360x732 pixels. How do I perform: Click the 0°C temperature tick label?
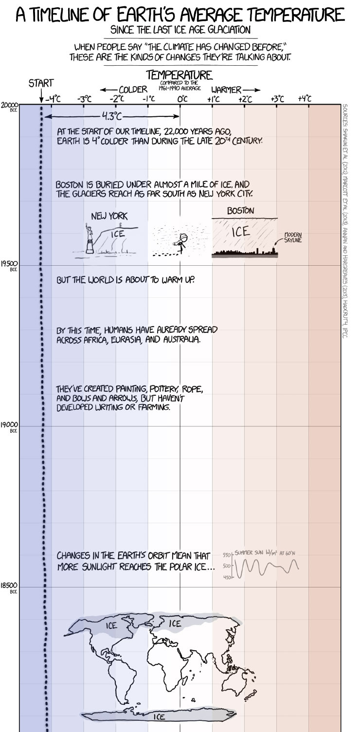point(182,99)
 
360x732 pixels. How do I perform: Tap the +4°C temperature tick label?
point(305,99)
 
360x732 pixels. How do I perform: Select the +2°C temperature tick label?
point(245,99)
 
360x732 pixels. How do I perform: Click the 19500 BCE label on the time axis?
point(9,264)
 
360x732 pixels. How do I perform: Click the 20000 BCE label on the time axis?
point(9,105)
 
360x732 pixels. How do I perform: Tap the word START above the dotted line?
point(41,83)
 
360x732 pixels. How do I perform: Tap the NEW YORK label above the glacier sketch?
point(109,216)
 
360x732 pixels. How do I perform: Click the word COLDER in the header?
point(133,90)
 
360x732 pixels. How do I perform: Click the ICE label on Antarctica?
point(159,717)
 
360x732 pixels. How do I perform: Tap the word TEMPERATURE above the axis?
point(179,75)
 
